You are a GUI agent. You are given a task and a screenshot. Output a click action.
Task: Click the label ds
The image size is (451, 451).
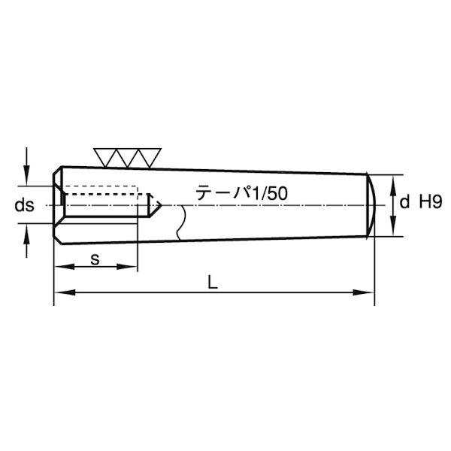[x=25, y=205]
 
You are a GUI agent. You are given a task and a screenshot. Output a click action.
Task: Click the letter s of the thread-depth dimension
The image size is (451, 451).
[x=95, y=259]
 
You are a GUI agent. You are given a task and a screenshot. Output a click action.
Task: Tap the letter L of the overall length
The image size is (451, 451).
[x=213, y=282]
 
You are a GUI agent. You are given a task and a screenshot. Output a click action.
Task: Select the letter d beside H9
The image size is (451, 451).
[x=404, y=201]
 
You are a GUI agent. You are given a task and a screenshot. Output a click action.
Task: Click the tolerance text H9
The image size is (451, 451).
[x=430, y=201]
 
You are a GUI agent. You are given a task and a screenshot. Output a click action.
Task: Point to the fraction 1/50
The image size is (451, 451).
[x=270, y=193]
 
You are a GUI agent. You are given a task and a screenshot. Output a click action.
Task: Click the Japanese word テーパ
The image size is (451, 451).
[x=224, y=192]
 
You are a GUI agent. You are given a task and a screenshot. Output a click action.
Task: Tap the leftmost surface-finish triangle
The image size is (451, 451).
[x=105, y=158]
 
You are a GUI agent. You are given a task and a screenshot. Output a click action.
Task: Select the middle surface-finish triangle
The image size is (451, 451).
[x=128, y=158]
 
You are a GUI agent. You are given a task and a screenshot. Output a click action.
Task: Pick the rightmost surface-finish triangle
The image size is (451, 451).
[x=150, y=158]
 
